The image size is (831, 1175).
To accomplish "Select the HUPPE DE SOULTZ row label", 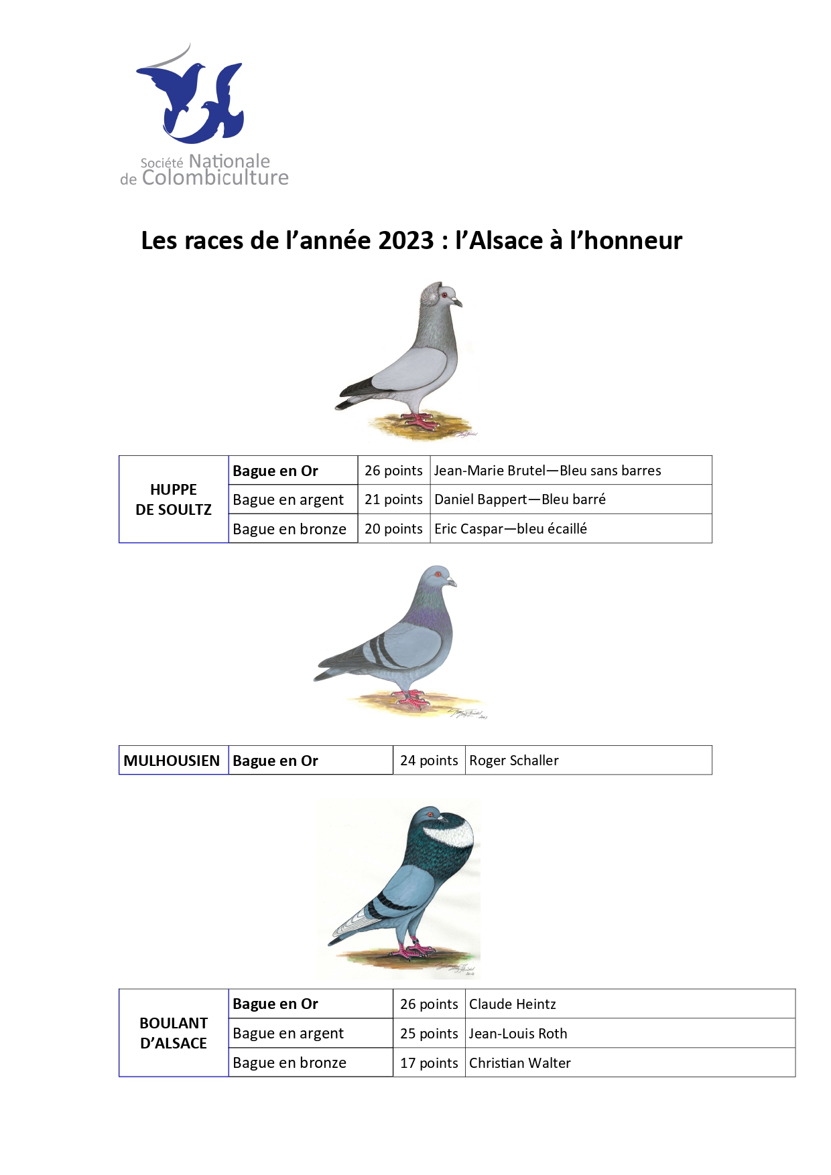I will (x=174, y=499).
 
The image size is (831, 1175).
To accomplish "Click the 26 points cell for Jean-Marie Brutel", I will (x=393, y=471).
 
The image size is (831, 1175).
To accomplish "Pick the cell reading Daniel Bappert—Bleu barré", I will (x=520, y=499).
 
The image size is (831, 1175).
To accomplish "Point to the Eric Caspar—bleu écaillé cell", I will (x=511, y=529).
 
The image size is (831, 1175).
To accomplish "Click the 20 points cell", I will (x=393, y=529).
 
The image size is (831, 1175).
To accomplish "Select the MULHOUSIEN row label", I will (x=172, y=761).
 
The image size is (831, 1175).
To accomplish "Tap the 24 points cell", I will (x=429, y=761).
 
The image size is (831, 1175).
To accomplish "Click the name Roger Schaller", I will (x=514, y=761).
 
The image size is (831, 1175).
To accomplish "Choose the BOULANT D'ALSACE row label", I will (x=174, y=1033).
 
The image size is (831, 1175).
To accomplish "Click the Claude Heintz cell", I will (x=513, y=1004).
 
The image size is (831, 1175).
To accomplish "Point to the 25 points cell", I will (x=429, y=1034).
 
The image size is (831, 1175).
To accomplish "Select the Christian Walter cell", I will (x=520, y=1063).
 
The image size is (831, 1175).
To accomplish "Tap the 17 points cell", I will (x=429, y=1063).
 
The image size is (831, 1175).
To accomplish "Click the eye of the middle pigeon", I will (x=438, y=574).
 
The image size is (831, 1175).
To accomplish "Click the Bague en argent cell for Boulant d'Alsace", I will (x=288, y=1034).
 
